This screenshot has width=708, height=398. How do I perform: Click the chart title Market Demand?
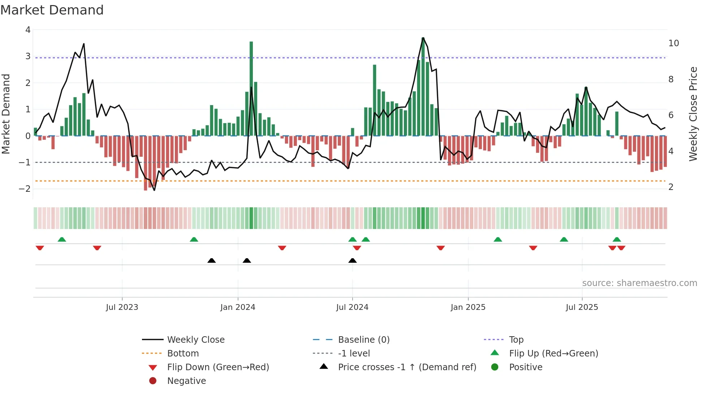tap(52, 10)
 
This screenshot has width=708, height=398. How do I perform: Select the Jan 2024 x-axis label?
tap(238, 307)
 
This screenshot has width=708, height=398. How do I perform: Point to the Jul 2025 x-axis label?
tap(582, 307)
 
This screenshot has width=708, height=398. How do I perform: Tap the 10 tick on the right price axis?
tap(674, 43)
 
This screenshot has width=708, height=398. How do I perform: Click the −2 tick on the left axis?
tap(25, 189)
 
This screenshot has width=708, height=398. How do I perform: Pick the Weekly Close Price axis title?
tap(693, 114)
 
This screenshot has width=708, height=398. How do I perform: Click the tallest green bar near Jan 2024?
tap(251, 88)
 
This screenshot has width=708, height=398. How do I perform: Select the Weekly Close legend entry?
tap(195, 340)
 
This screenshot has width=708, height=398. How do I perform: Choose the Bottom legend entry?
tap(183, 354)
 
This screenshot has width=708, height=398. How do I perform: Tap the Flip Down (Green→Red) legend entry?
tap(218, 367)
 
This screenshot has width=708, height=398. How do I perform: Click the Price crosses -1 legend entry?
tap(407, 367)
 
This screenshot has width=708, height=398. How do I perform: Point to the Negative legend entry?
tap(186, 381)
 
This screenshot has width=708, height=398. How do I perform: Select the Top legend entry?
tap(516, 340)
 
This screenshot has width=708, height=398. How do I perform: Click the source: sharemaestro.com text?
tap(639, 283)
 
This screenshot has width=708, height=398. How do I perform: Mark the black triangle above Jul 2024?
tap(353, 260)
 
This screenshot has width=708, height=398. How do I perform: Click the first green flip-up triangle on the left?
tap(62, 239)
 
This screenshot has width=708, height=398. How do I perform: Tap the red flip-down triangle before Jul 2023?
tap(97, 248)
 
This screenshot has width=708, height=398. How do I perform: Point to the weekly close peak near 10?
tap(423, 38)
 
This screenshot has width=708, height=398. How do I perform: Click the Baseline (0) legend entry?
tap(363, 340)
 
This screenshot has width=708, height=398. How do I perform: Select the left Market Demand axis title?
tap(6, 114)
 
